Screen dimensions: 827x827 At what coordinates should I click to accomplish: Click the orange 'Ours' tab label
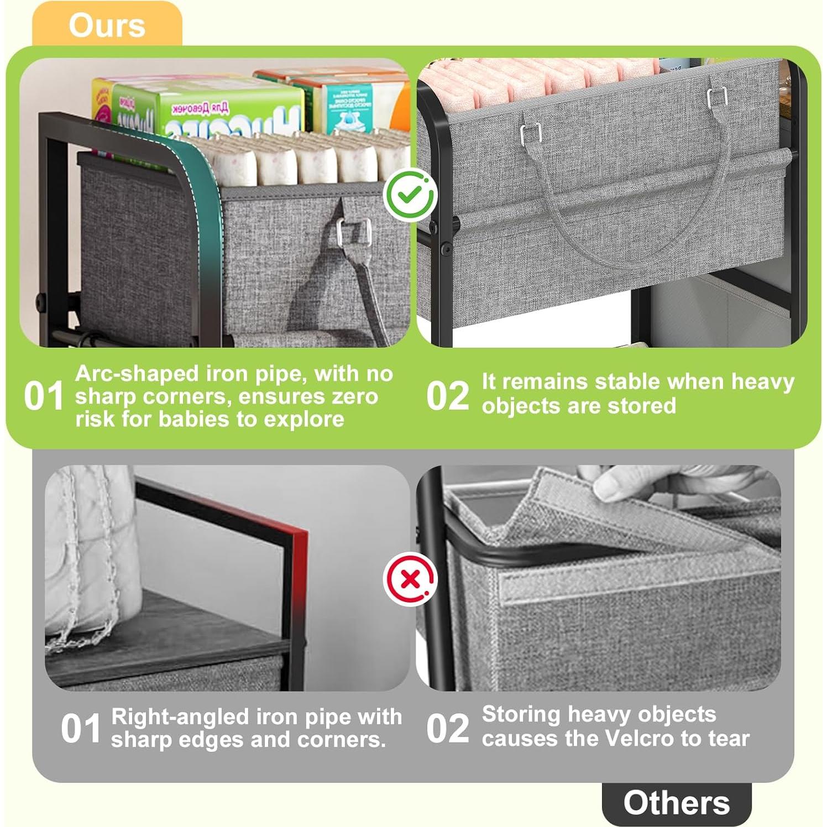[107, 25]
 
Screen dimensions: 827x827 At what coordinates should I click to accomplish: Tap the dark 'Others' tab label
[676, 803]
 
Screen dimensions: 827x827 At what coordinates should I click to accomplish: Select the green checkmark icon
[410, 195]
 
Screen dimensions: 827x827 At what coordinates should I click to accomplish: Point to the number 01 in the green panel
[44, 396]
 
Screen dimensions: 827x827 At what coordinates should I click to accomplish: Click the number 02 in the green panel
[448, 396]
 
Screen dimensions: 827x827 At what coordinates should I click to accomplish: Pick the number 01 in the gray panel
[81, 728]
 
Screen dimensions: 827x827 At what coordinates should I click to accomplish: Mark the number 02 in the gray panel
[448, 728]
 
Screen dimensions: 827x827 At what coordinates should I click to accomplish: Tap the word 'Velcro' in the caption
[639, 738]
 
